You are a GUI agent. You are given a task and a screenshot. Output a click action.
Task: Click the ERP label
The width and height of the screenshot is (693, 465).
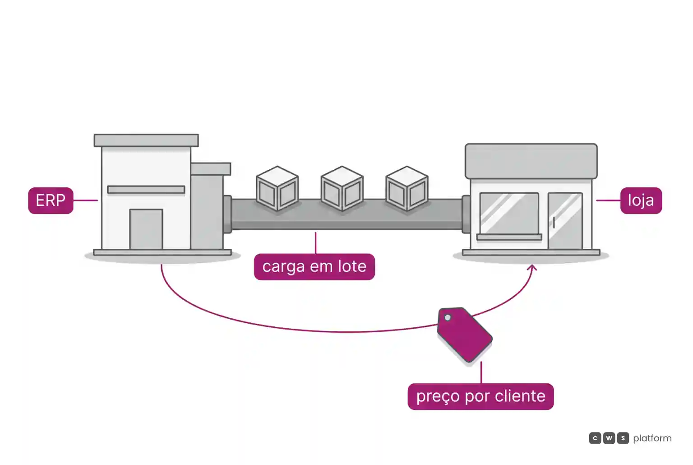point(51,200)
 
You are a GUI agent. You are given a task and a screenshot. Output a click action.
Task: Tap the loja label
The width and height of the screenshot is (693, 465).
point(641,200)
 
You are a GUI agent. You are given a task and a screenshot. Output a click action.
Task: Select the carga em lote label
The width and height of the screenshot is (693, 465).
point(314,266)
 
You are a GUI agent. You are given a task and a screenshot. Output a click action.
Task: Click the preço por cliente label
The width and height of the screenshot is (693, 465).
point(481,396)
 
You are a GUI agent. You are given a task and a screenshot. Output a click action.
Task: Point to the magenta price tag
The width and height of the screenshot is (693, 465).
point(465,335)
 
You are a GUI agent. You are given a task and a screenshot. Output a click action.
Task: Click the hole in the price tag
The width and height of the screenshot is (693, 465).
point(448,317)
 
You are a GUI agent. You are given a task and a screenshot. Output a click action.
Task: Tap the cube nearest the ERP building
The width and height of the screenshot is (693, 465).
point(277,188)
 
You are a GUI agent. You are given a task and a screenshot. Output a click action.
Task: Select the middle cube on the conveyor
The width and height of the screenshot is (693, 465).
point(342,188)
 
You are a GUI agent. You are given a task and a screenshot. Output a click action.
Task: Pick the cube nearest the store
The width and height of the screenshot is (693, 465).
point(407,188)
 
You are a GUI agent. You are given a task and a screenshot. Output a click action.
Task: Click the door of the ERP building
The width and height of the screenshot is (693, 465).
point(146,229)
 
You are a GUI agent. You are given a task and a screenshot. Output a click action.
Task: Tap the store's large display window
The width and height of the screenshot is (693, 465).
point(509,213)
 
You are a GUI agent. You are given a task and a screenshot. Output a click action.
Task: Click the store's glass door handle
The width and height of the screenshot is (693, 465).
point(554,222)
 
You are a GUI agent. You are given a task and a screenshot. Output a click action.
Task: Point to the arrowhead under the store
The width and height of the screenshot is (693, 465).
point(532,267)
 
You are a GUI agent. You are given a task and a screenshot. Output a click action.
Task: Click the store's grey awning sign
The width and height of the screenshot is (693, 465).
point(531,161)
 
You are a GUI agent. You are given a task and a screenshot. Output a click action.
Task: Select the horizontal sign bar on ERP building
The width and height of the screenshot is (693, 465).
point(146,190)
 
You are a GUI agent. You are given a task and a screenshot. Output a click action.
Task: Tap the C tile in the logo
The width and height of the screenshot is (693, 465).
point(595,438)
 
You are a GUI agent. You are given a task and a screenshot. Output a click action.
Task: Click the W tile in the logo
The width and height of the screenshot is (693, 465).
point(609,438)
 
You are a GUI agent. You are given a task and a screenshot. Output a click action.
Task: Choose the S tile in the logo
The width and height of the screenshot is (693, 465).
point(623,438)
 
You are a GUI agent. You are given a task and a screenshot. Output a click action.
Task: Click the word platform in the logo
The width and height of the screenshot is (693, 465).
point(652,438)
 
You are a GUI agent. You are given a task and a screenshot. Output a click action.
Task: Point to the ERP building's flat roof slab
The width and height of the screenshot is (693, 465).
point(146,140)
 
